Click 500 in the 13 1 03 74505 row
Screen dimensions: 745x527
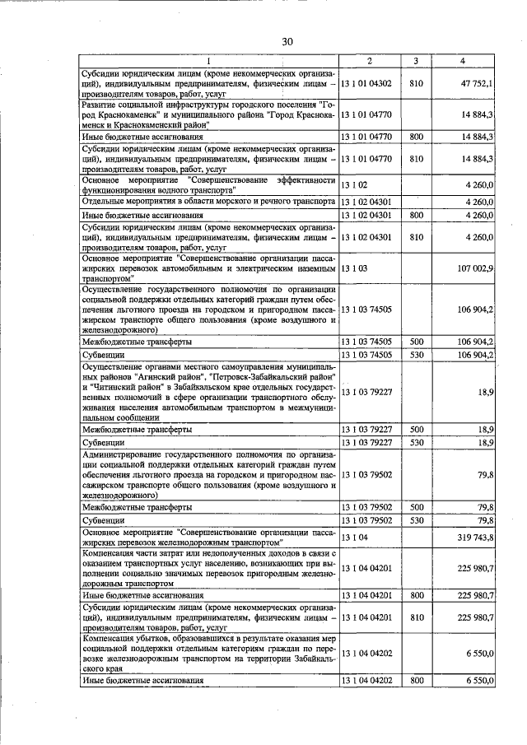coord(416,341)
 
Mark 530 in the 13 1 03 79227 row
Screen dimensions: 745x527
coord(416,443)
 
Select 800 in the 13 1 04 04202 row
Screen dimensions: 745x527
coord(416,681)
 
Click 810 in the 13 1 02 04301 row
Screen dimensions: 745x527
coord(416,238)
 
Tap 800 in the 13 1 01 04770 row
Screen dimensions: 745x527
coord(416,136)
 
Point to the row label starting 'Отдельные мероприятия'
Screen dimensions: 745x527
coord(209,202)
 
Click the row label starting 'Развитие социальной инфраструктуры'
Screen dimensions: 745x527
coord(209,114)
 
